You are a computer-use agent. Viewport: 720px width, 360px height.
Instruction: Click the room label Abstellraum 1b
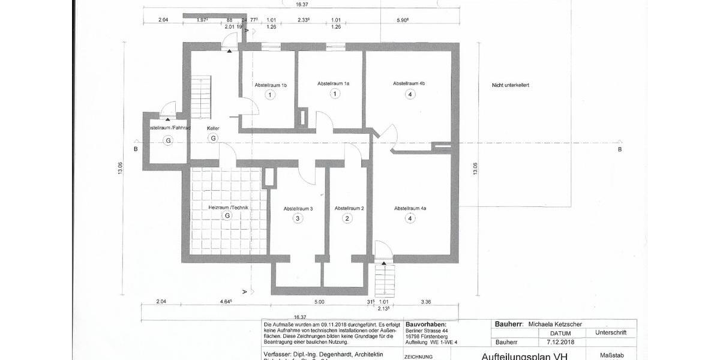tap(271, 85)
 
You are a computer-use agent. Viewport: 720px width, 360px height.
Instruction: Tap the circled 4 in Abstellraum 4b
tap(410, 94)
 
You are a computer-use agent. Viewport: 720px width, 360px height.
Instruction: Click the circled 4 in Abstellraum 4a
tap(410, 219)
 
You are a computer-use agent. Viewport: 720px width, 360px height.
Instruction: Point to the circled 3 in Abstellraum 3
tap(298, 219)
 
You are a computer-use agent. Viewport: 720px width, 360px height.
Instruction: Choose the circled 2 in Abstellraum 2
tap(347, 219)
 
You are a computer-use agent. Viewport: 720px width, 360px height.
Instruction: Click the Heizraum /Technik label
tap(228, 207)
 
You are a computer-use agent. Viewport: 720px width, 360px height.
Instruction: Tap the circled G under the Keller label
tap(212, 138)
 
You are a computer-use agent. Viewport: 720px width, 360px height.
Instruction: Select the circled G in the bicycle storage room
tap(168, 140)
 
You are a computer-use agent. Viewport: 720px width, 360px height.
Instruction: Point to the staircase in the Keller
tap(202, 99)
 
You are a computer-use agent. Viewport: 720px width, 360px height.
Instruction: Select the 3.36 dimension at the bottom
tap(427, 302)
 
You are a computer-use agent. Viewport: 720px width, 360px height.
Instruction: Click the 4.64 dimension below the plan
tap(226, 302)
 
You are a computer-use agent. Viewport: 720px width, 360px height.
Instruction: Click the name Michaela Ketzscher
tap(555, 324)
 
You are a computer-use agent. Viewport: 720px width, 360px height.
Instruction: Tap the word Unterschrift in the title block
tap(611, 332)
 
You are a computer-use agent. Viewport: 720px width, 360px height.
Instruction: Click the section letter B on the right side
tap(620, 149)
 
